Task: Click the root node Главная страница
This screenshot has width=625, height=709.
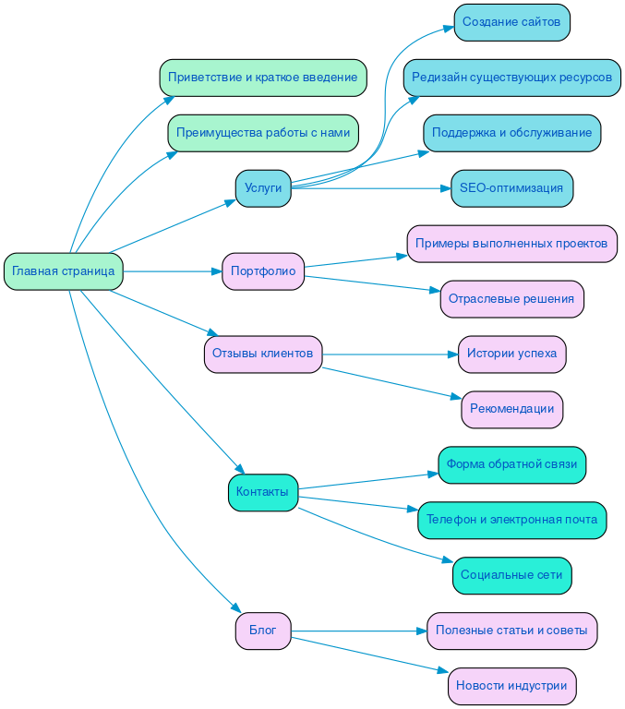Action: pos(64,271)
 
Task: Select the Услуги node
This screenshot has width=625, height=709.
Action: pos(263,188)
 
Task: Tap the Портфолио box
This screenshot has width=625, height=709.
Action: pos(263,271)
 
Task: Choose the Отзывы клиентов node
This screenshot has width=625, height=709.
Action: pos(263,354)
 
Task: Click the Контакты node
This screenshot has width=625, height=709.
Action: pos(262,492)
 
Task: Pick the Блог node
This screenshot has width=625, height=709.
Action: pos(263,631)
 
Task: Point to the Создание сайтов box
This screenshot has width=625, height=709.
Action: pos(511,22)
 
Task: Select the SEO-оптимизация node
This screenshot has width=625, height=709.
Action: pos(511,188)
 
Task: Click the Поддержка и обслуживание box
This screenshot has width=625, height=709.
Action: pos(511,133)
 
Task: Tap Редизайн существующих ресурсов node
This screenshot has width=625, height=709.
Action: pos(511,78)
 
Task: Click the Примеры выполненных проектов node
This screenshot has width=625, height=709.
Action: pos(511,244)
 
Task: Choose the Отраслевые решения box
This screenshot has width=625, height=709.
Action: pos(511,299)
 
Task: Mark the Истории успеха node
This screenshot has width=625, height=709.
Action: pos(511,354)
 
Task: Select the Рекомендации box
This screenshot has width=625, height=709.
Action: pos(511,409)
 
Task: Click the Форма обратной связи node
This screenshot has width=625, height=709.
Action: pos(511,464)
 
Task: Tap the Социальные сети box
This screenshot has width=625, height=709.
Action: pos(511,575)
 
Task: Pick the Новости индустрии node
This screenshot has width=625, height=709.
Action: pos(511,686)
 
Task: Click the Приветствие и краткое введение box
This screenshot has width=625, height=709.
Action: pos(263,78)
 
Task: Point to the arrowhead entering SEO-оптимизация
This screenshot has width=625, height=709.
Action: pos(444,188)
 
